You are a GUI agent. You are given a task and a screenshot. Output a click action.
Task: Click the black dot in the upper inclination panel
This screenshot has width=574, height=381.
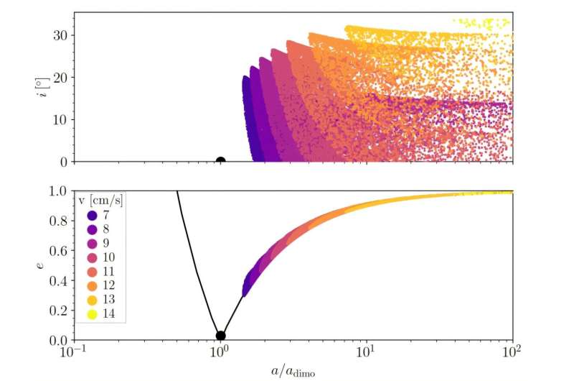pyautogui.click(x=220, y=162)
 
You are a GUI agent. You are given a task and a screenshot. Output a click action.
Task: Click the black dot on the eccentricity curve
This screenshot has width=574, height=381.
pyautogui.click(x=220, y=335)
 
